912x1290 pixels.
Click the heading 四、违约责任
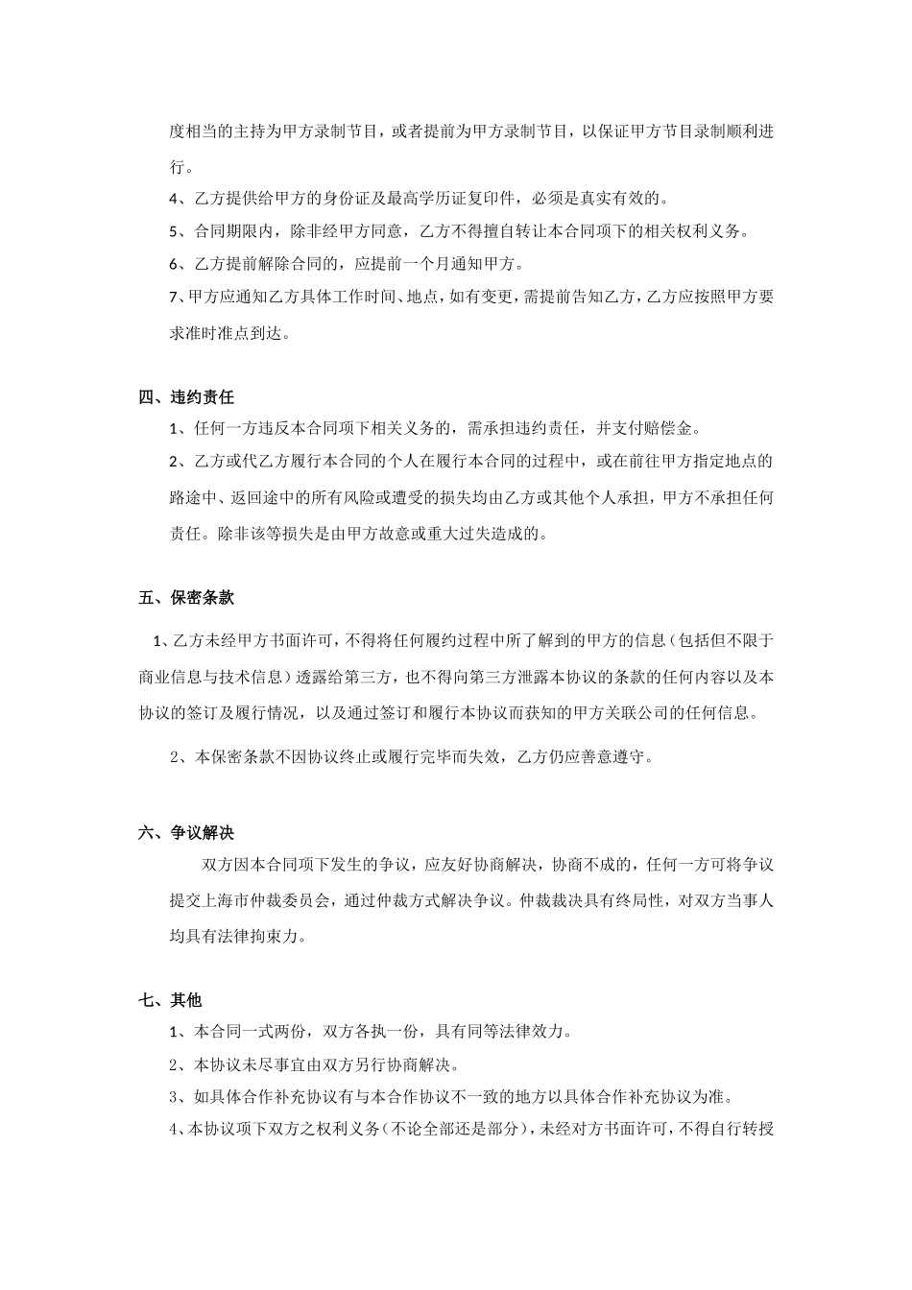click(186, 396)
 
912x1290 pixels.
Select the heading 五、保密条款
click(186, 597)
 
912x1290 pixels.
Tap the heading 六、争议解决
click(186, 832)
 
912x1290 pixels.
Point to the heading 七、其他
click(170, 1000)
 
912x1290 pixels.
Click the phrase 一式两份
click(274, 1032)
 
